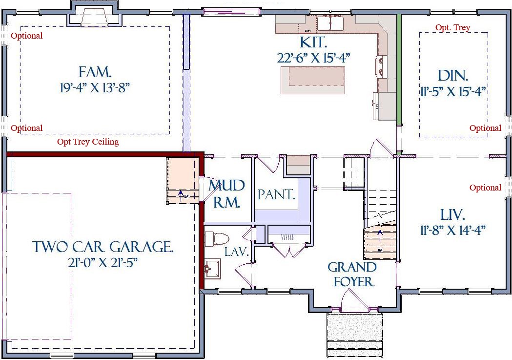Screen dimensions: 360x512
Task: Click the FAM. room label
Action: click(95, 73)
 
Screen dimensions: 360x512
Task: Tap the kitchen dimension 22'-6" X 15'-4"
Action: click(314, 57)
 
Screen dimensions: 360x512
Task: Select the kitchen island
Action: click(312, 80)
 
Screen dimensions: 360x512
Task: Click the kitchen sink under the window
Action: click(331, 23)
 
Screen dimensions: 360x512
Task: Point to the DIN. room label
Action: click(453, 76)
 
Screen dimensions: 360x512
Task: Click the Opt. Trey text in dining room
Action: click(452, 28)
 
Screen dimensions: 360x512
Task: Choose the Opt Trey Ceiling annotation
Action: click(88, 142)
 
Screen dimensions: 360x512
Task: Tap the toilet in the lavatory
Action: click(216, 239)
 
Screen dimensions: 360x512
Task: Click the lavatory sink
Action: click(212, 268)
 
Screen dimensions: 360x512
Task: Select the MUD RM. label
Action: click(226, 193)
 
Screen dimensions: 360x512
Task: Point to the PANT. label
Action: click(276, 195)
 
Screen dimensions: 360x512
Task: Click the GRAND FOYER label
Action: click(352, 274)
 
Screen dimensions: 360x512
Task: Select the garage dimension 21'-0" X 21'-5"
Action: click(103, 263)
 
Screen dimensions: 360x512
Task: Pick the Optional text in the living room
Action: click(485, 188)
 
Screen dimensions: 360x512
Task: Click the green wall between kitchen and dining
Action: click(399, 68)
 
